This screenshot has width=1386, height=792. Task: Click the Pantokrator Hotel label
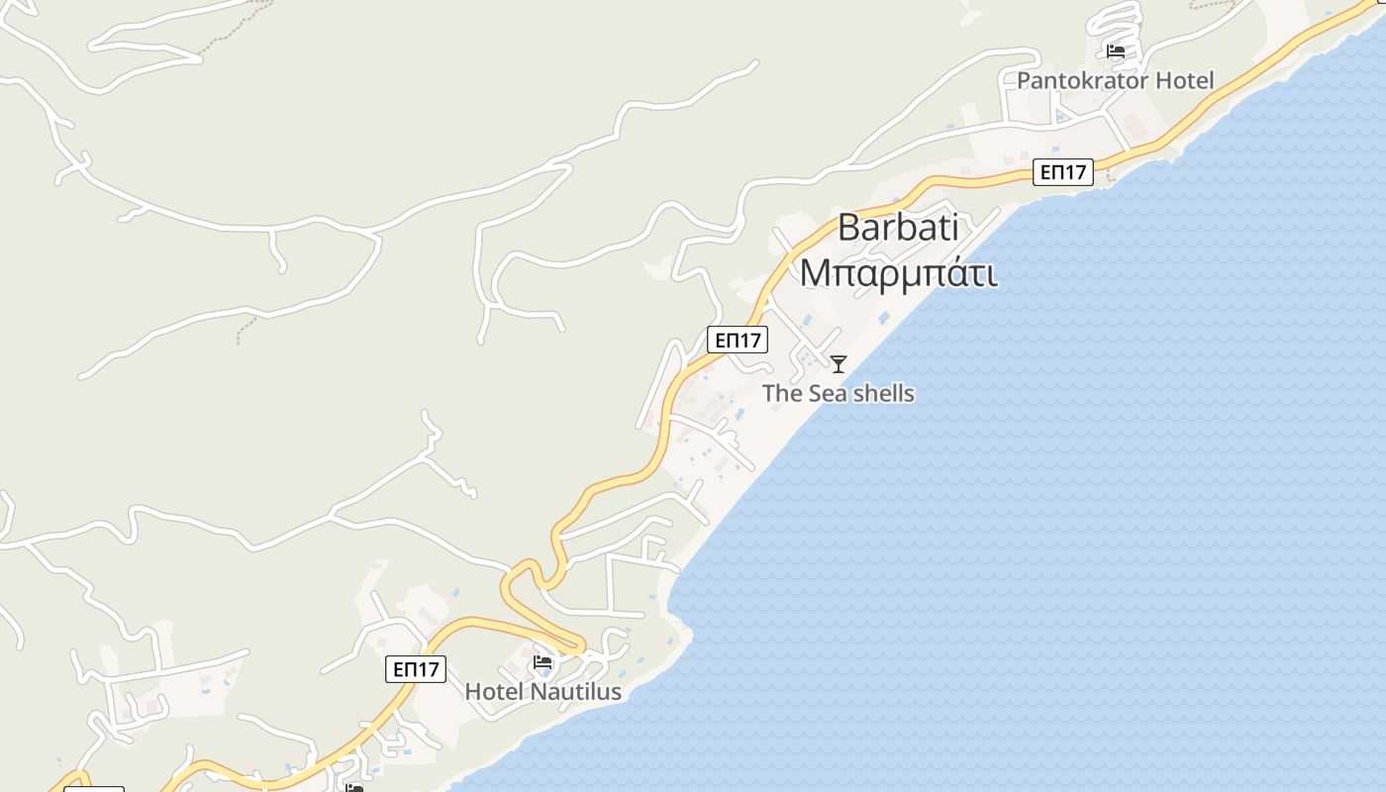point(1115,80)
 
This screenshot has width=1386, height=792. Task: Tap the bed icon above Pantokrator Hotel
point(1116,51)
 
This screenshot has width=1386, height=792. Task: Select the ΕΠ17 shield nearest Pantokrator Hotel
point(1063,172)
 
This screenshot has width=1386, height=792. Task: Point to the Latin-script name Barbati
point(898,227)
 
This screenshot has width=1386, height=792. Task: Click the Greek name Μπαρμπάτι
point(898,272)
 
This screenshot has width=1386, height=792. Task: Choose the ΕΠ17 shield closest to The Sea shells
point(738,340)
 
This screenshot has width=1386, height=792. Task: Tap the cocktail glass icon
point(839,364)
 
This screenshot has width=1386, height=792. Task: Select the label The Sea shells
point(838,393)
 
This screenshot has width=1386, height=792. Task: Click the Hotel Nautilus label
point(543,691)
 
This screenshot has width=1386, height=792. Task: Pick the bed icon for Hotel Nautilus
point(543,662)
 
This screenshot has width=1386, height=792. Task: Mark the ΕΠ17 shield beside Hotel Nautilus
point(416,669)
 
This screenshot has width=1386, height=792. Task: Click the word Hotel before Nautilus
point(493,691)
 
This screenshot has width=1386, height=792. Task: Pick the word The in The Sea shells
point(782,393)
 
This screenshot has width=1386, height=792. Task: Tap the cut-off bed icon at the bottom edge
point(354,788)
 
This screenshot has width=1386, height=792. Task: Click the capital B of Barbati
point(848,227)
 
